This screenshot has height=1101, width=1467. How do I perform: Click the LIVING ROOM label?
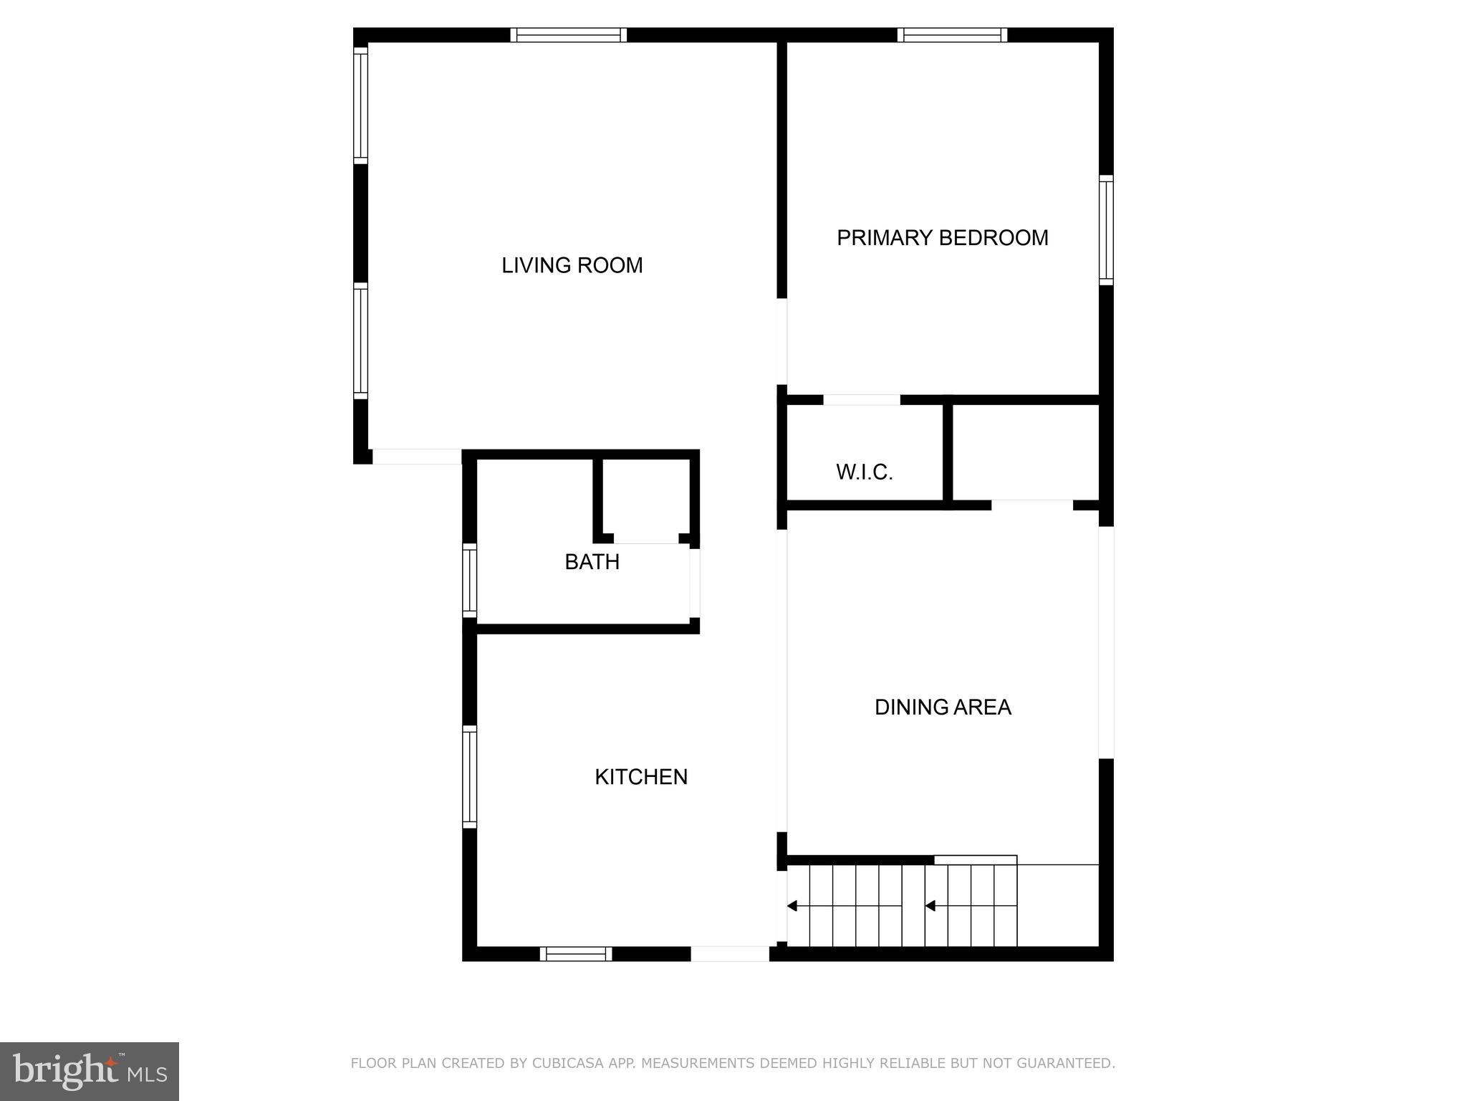tap(572, 265)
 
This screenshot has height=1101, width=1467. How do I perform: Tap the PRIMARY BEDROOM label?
tap(942, 238)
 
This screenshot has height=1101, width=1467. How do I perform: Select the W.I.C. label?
tap(864, 472)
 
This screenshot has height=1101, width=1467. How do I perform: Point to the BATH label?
tap(592, 562)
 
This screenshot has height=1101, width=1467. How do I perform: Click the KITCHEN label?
tap(641, 777)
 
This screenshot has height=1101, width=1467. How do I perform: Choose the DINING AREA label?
tap(943, 707)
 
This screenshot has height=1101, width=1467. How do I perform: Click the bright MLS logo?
tap(90, 1071)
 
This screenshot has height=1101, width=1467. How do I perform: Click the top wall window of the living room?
tap(569, 35)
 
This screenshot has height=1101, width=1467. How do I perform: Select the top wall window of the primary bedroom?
tap(952, 35)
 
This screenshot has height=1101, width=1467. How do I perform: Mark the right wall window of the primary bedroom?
tap(1106, 230)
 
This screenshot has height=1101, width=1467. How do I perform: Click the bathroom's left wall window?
tap(469, 580)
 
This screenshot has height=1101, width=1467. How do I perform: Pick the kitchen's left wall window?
tap(469, 776)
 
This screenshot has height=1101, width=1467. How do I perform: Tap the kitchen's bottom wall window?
tap(576, 953)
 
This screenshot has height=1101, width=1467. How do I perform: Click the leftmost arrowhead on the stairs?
tap(792, 906)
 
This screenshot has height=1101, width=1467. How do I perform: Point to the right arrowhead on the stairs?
tap(930, 906)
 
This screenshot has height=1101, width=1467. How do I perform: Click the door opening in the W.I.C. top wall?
tap(861, 400)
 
